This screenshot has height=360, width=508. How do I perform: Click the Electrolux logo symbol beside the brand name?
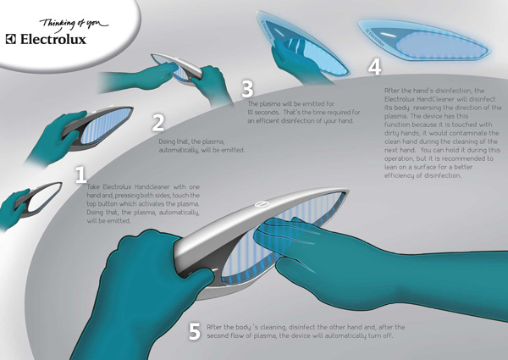pyautogui.click(x=11, y=39)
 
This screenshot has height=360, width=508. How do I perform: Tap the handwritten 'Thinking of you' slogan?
pyautogui.click(x=74, y=25)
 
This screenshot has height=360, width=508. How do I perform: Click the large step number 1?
pyautogui.click(x=80, y=174)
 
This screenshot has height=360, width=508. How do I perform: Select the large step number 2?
pyautogui.click(x=157, y=123)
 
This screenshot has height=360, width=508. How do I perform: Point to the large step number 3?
pyautogui.click(x=247, y=89)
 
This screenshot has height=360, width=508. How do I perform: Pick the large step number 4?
pyautogui.click(x=374, y=67)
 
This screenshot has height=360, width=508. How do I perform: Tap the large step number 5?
pyautogui.click(x=195, y=331)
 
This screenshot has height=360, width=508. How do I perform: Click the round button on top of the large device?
pyautogui.click(x=261, y=204)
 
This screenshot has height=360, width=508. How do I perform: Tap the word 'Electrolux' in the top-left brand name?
pyautogui.click(x=53, y=39)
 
